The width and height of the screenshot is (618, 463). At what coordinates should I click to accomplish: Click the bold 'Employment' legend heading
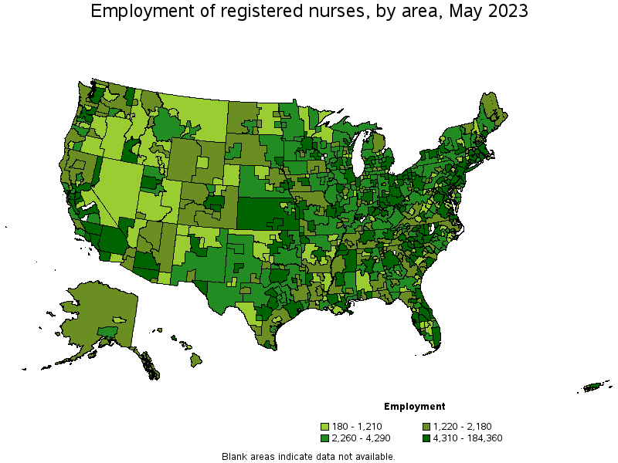(414, 406)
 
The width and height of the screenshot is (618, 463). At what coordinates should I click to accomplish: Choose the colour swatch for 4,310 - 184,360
(427, 438)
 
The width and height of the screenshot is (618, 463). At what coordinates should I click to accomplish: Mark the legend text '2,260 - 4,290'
(362, 438)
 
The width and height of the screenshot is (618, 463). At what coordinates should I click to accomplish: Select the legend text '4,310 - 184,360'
(469, 438)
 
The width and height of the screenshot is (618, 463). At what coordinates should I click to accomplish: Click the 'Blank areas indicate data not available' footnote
(308, 456)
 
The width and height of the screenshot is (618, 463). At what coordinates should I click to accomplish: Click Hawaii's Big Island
(196, 360)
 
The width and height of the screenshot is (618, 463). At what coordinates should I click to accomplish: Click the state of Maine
(491, 116)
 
